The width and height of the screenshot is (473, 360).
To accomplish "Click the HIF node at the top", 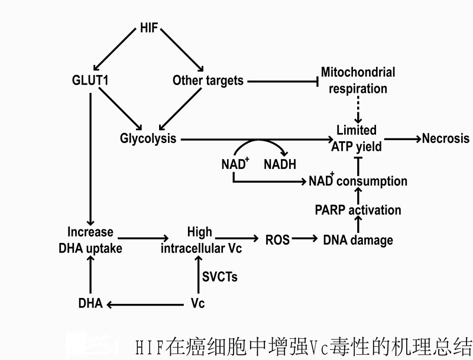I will pos(148,27).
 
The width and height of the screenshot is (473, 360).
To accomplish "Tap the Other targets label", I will pos(208,80).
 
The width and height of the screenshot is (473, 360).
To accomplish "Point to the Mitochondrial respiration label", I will pos(358,80).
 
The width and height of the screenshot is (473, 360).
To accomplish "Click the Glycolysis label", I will pos(148,139).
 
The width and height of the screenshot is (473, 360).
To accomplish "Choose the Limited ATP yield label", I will pos(356,138).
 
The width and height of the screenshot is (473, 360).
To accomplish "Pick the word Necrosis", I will pos(445,138).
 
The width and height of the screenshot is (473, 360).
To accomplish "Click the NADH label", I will pos(279,165).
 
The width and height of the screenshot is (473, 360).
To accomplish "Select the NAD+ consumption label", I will pos(358,181).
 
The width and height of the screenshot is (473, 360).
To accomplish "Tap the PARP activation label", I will pos(358,210).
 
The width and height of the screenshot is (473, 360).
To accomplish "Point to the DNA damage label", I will pos(358,239).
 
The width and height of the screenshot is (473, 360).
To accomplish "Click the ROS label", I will pos(277,239).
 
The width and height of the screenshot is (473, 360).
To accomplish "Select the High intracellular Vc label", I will pos(201,240).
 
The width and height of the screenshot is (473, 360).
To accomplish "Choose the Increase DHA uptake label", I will pos(90,240).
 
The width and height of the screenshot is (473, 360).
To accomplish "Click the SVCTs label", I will pos(220,276).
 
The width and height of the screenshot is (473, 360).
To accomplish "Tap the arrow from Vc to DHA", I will pos(145,304).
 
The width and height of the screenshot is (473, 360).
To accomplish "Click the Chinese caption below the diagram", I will pos(303,346).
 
